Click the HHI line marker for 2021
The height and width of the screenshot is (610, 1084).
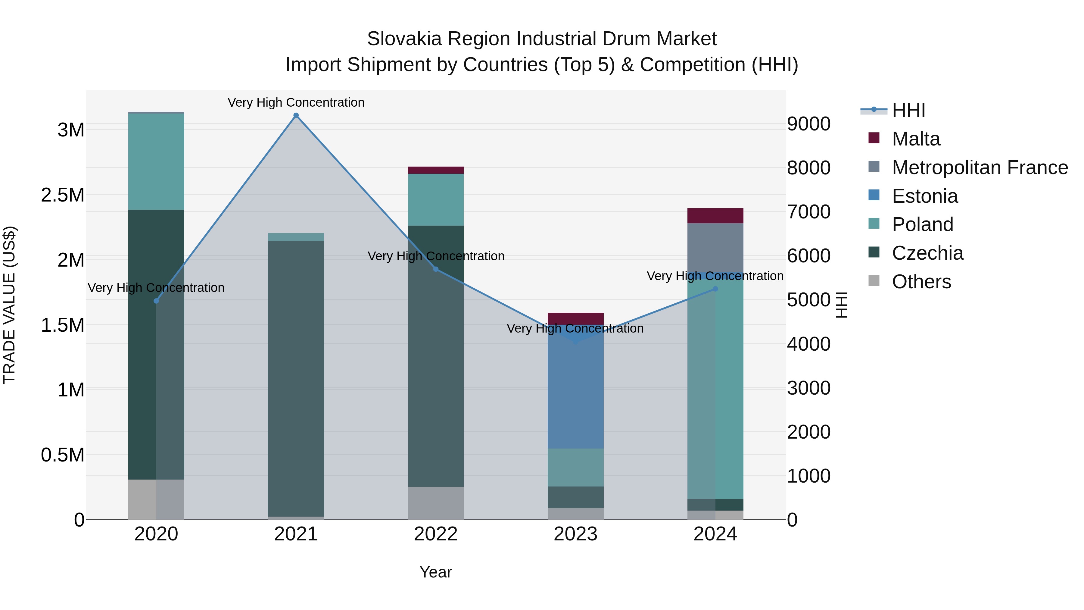point(296,115)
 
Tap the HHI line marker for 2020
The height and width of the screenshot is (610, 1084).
point(156,301)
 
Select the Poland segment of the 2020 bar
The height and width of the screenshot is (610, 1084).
point(156,162)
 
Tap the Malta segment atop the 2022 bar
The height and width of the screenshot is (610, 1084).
point(435,170)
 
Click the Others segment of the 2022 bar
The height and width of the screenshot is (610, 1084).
point(435,503)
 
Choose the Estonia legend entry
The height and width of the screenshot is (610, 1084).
point(924,196)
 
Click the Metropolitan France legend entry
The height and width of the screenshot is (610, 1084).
point(980,167)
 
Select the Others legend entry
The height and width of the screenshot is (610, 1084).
point(921,282)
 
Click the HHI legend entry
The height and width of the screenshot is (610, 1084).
point(908,110)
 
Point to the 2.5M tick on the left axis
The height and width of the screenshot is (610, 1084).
point(62,195)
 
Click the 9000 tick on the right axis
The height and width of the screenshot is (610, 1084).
point(808,124)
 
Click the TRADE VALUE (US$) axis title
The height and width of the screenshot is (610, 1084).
point(9,305)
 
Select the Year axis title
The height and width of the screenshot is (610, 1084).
point(435,572)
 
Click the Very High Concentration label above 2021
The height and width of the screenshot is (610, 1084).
point(296,102)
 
